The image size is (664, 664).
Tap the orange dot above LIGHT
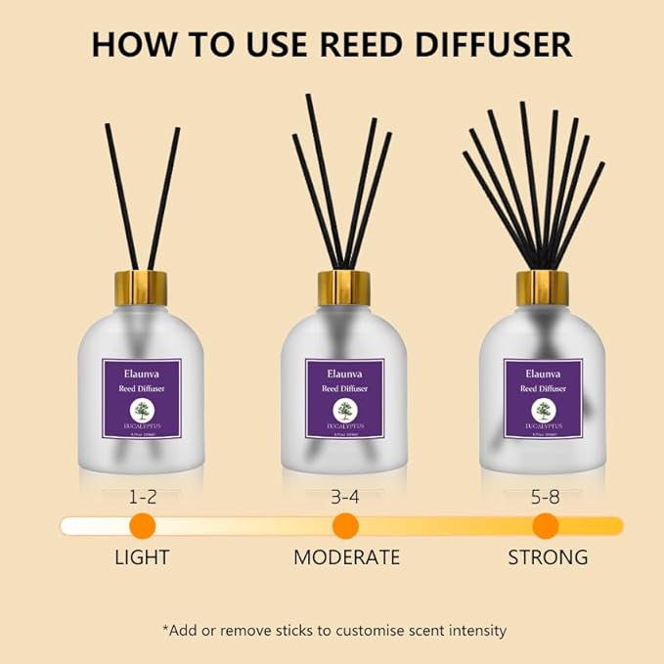pos(143,525)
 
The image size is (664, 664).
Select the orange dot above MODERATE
pos(345,525)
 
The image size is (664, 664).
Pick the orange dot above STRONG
pos(546,525)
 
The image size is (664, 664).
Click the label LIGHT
pos(142,558)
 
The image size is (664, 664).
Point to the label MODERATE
pos(347,558)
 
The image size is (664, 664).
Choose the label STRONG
pos(548,558)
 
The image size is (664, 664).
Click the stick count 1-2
pos(143,497)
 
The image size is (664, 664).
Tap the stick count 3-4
pos(345,497)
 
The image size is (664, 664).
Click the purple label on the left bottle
pos(146,398)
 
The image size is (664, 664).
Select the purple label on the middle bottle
pos(344,398)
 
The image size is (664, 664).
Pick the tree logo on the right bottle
pos(544,412)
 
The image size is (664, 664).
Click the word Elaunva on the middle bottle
pos(344,373)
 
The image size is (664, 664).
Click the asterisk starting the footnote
pos(166,629)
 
